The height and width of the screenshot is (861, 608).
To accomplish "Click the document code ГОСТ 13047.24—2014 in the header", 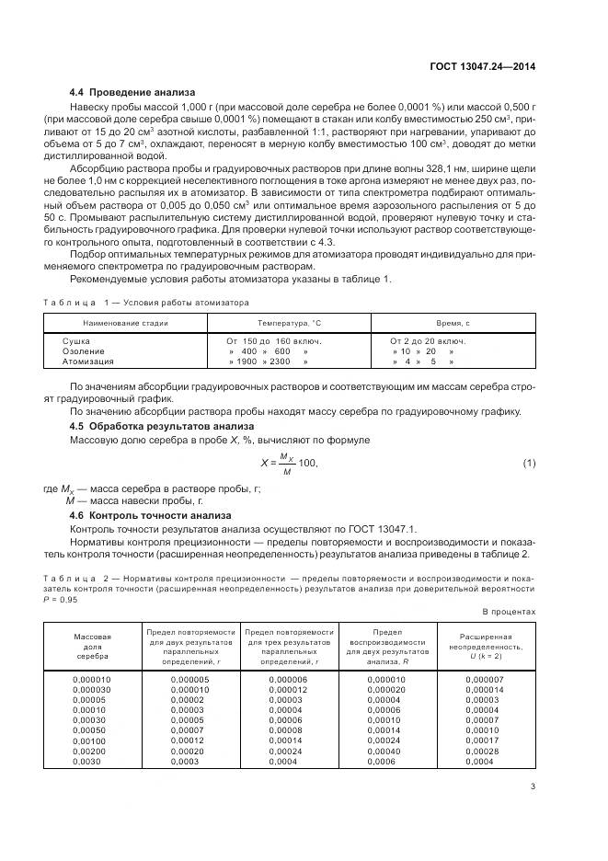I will tap(483, 65).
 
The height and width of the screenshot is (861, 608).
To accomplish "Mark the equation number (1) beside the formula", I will tap(530, 462).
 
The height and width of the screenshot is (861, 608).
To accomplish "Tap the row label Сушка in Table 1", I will tap(76, 340).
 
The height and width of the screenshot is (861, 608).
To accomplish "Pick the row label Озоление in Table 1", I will tap(84, 351).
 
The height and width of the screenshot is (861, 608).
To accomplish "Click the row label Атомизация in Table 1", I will tap(88, 362).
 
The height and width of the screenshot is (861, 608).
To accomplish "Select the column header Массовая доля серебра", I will tap(92, 647).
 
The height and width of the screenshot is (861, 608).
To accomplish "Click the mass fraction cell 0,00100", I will tap(89, 740).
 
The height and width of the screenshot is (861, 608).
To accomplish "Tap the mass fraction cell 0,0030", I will tap(86, 762).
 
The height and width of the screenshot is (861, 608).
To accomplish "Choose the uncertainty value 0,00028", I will tap(482, 751).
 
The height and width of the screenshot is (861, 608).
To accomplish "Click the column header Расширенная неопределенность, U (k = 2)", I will tap(485, 647).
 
